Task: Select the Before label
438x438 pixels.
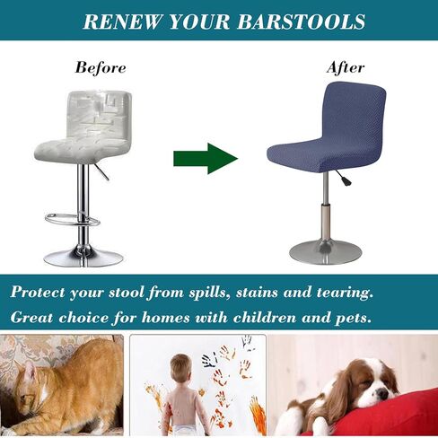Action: click(101, 67)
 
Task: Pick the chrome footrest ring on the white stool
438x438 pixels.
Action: click(71, 218)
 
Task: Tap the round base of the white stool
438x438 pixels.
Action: click(83, 257)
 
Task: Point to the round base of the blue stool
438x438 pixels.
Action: click(325, 250)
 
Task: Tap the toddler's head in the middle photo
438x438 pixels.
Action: click(180, 369)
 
